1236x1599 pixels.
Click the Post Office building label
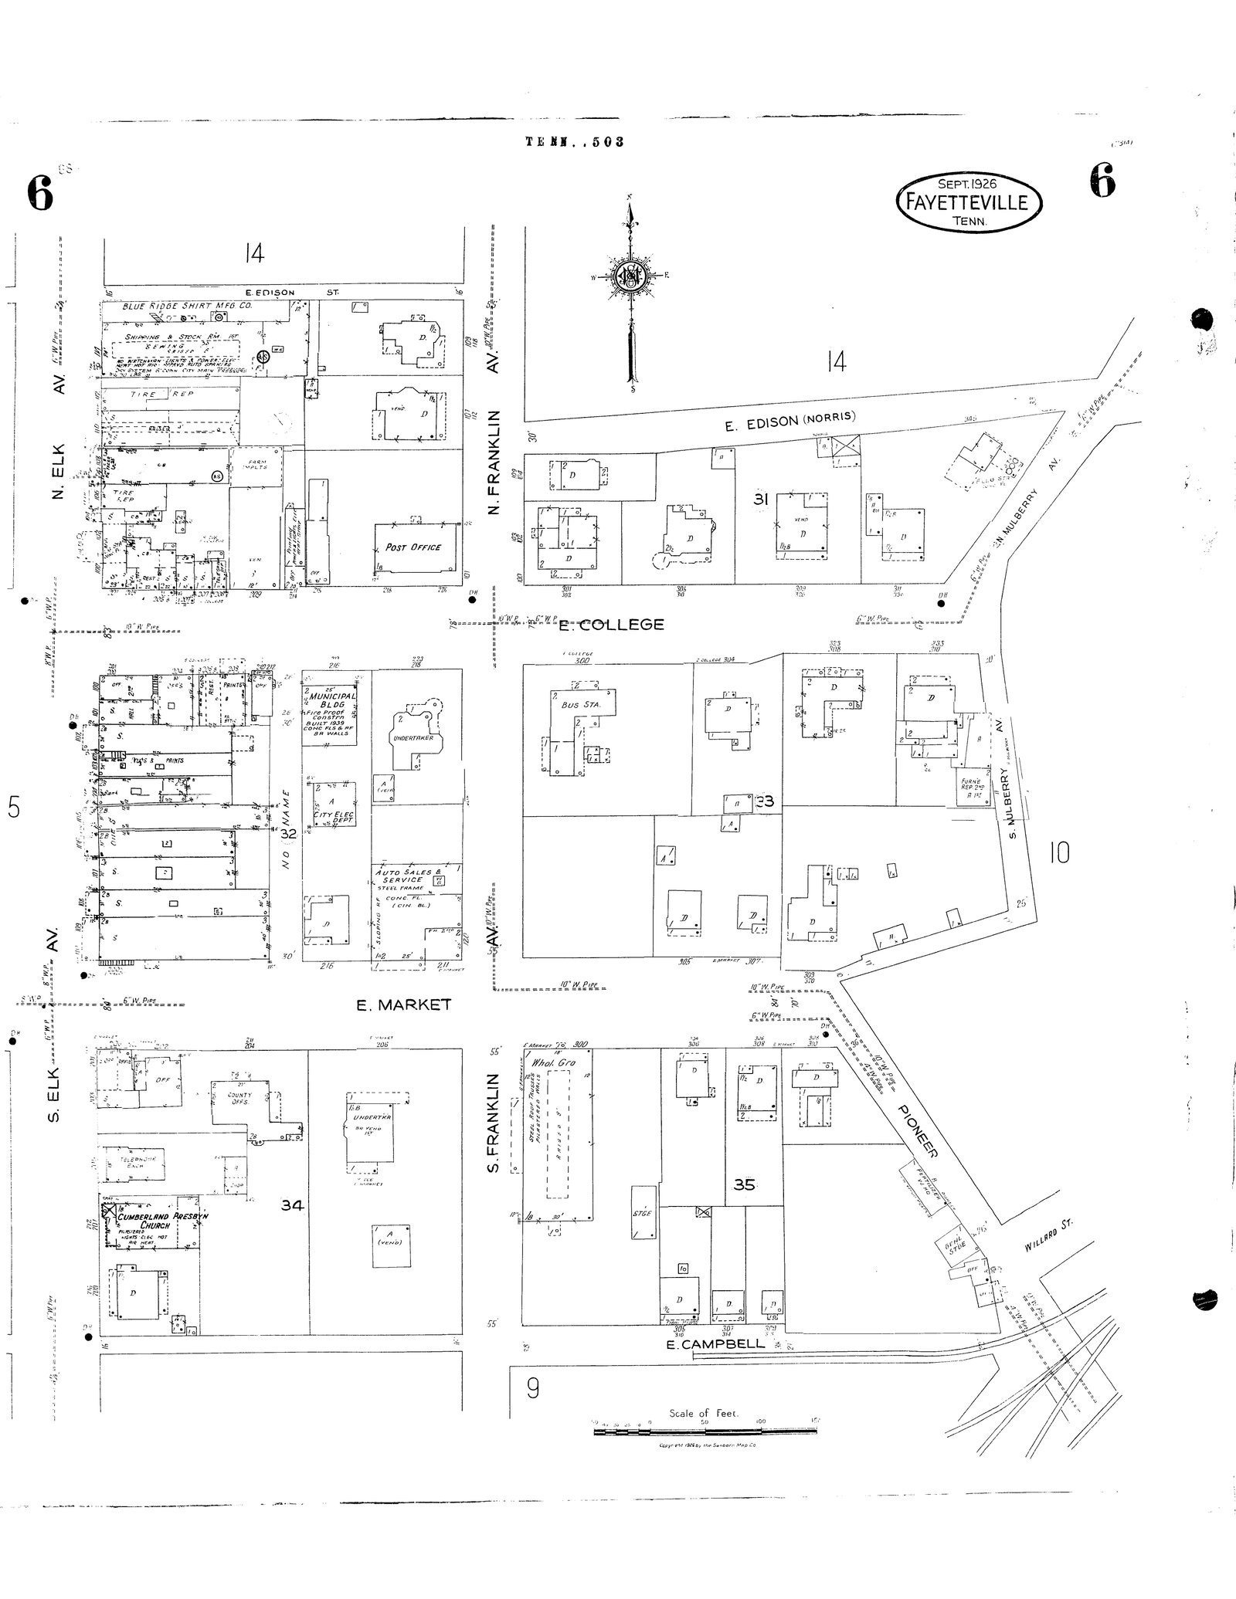click(413, 547)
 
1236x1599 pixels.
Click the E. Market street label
click(402, 1004)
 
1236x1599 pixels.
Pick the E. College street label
click(611, 624)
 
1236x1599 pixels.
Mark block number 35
click(743, 1184)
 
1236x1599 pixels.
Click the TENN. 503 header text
click(573, 141)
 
